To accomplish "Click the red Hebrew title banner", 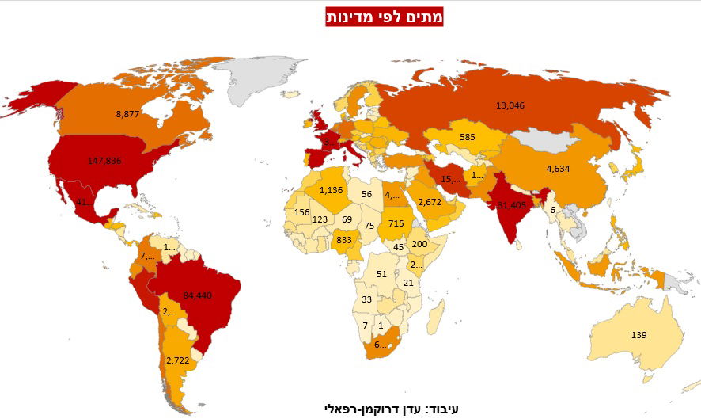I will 384,16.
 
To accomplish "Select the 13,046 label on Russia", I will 510,105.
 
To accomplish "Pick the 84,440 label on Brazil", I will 198,295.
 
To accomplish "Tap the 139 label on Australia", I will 639,336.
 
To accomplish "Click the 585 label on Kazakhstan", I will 468,137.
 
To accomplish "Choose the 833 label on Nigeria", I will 343,240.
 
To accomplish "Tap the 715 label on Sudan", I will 396,225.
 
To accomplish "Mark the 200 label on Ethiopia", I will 419,244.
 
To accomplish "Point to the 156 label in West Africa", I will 301,212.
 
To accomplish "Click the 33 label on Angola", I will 366,299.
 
